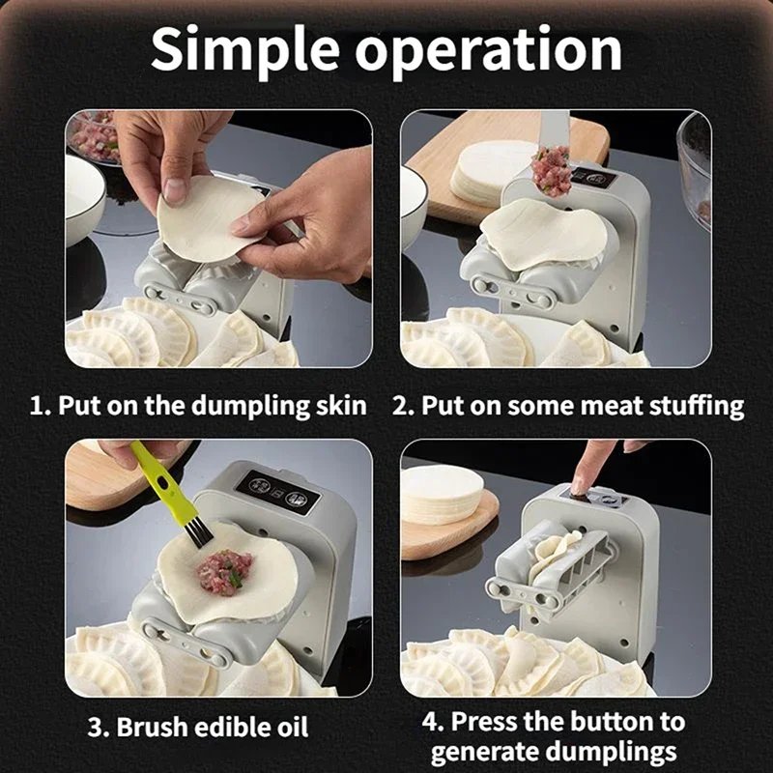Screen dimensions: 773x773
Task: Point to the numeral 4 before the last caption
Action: pos(432,721)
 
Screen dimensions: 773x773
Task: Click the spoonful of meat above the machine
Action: pos(552,170)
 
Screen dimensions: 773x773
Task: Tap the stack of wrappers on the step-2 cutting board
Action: pos(489,172)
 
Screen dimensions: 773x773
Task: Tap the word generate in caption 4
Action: pos(489,751)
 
